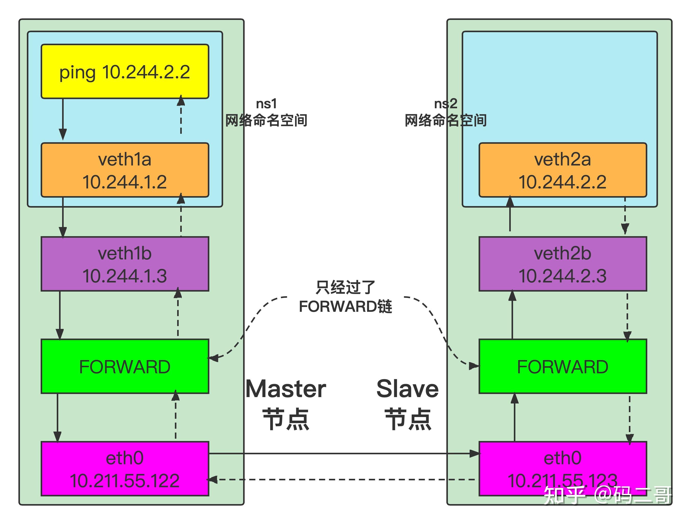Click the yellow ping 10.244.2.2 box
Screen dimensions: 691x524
tap(125, 72)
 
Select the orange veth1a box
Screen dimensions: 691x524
tap(125, 170)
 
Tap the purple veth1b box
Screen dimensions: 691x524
tap(125, 264)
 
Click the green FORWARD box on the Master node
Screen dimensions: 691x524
tap(125, 366)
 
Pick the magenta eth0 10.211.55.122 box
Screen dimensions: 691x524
tap(125, 469)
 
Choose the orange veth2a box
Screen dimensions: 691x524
tap(563, 170)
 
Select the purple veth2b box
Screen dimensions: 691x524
tap(563, 264)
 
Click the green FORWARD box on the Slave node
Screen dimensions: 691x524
tap(563, 366)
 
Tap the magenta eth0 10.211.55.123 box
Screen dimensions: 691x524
tap(563, 469)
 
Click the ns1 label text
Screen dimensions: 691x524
tap(266, 104)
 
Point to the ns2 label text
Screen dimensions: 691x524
tap(446, 104)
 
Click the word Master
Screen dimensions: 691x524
tap(286, 389)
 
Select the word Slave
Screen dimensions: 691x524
tap(408, 389)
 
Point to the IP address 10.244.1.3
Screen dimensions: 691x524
tap(125, 276)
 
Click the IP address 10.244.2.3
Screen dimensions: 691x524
tap(563, 276)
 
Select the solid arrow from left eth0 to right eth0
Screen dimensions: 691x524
tap(344, 454)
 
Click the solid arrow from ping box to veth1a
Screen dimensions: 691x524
tap(63, 119)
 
